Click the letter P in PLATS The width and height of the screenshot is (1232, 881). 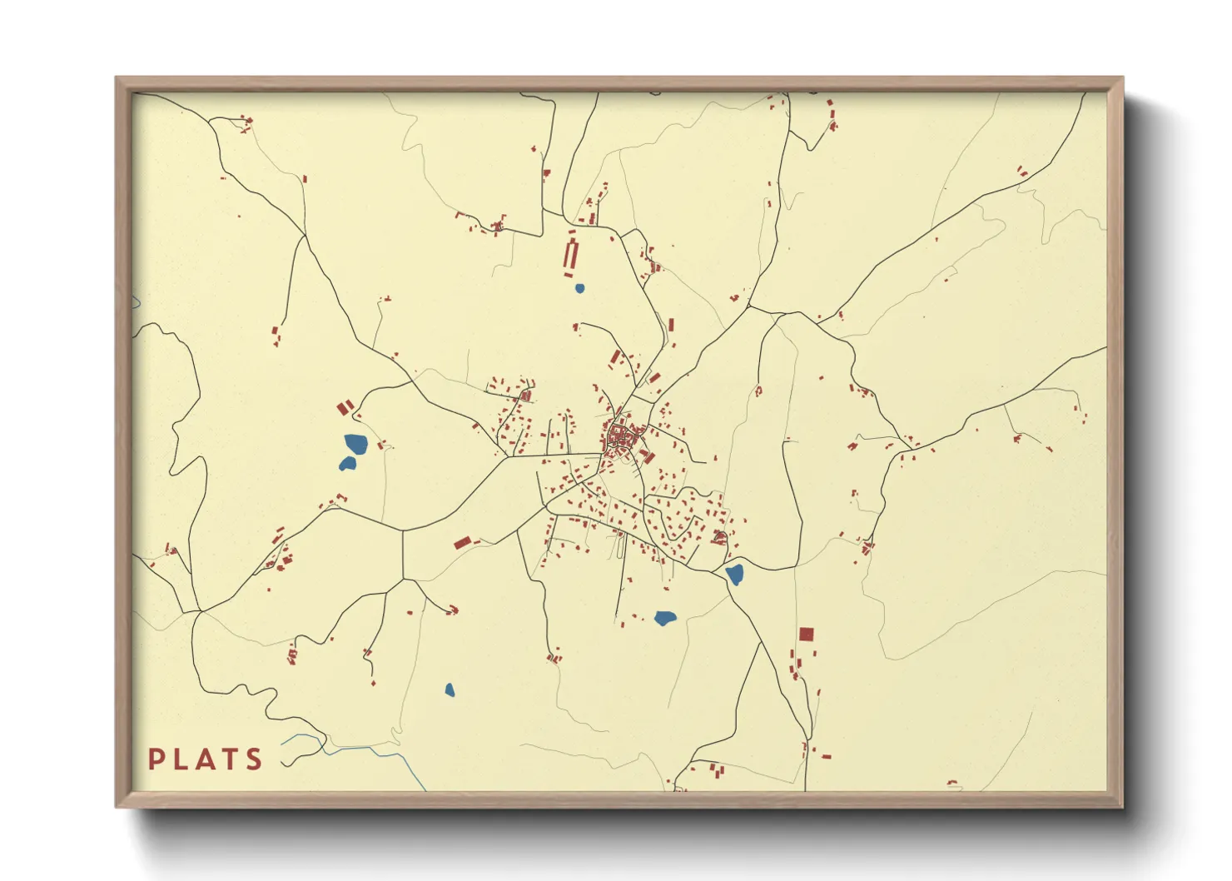(156, 759)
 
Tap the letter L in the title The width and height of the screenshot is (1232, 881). (181, 759)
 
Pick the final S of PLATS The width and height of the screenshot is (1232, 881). (254, 759)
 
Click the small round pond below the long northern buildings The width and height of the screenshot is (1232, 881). (579, 289)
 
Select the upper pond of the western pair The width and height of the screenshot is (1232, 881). (355, 443)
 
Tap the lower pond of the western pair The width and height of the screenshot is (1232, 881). (347, 464)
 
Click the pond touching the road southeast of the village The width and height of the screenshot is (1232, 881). (734, 574)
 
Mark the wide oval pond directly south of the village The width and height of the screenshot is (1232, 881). (664, 618)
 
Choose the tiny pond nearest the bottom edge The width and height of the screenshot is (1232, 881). (450, 689)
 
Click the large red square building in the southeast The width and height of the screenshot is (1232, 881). (806, 635)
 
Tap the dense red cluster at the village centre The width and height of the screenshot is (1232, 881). (619, 436)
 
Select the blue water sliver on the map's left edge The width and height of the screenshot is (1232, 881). (136, 301)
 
